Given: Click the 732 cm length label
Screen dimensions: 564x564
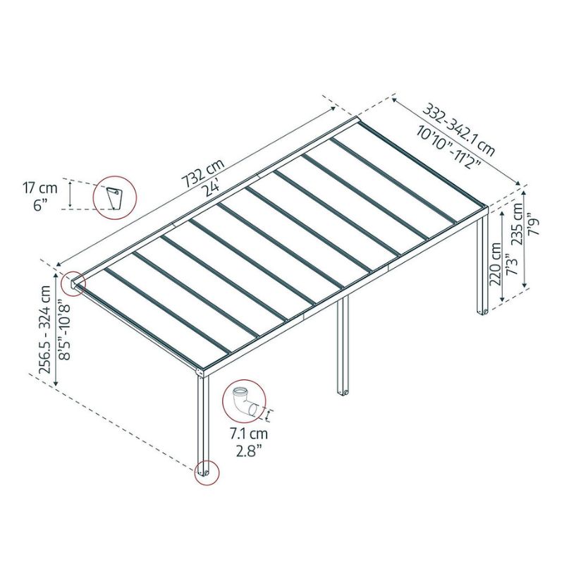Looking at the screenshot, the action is click(203, 173).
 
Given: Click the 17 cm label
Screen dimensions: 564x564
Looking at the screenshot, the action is click(40, 188).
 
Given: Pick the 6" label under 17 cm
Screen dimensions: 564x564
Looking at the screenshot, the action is click(40, 205).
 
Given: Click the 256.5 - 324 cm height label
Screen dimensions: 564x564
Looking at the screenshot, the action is click(47, 329).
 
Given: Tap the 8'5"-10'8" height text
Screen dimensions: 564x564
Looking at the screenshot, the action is click(65, 330).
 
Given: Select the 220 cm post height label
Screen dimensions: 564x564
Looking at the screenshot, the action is click(496, 264).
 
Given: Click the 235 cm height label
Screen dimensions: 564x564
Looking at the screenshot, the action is click(517, 223).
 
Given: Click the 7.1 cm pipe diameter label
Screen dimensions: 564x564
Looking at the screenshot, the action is click(249, 434).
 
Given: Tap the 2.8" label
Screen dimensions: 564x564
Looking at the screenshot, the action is click(249, 450).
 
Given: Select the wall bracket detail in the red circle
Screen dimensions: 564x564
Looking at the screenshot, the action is click(115, 198).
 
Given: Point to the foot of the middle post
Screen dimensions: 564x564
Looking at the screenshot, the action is click(343, 392).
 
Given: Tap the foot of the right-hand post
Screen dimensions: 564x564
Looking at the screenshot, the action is click(482, 312).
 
